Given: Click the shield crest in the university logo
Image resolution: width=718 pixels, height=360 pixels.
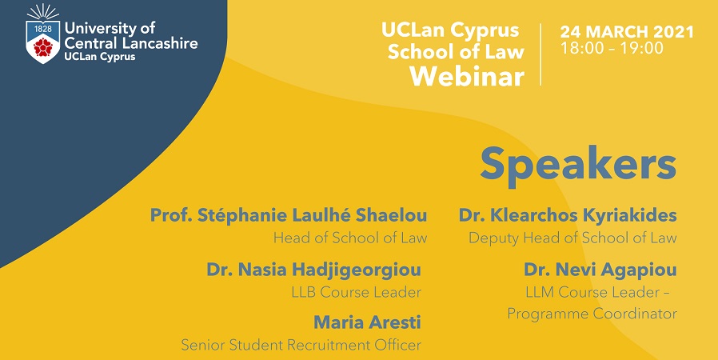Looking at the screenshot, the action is click(43, 42).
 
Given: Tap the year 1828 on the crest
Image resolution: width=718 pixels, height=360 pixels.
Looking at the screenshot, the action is click(43, 28).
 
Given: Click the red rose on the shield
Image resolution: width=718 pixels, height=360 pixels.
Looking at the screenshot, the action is click(43, 47).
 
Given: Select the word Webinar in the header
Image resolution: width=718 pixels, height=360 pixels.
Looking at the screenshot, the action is click(467, 76).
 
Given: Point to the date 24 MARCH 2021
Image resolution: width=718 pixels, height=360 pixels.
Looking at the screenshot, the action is click(627, 32).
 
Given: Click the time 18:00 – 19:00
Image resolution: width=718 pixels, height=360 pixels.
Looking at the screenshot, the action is click(612, 48).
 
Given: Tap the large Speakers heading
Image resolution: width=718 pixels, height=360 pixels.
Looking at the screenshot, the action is click(578, 165).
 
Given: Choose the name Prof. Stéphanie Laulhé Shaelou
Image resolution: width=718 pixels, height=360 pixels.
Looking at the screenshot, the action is click(289, 216).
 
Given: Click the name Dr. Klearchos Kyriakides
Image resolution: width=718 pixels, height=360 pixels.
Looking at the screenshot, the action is click(568, 216).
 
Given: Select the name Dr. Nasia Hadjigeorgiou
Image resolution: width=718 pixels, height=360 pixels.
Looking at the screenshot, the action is click(313, 270).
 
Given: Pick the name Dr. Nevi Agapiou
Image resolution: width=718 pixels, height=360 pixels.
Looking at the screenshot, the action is click(600, 270).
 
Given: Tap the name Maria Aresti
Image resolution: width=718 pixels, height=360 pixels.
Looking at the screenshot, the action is click(367, 322).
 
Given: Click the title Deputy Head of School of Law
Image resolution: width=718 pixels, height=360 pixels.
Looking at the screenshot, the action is click(572, 238).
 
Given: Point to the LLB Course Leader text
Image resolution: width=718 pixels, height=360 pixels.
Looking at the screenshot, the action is click(357, 292).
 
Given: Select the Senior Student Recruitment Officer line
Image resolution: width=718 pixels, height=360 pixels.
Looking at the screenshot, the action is click(301, 345).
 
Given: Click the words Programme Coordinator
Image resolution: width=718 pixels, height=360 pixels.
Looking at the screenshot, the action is click(592, 314).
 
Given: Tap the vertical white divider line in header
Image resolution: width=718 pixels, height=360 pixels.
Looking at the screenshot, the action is click(540, 54).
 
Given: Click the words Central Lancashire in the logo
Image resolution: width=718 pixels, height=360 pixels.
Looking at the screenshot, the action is click(131, 43).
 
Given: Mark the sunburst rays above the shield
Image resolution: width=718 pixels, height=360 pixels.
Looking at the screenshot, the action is click(43, 12).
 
